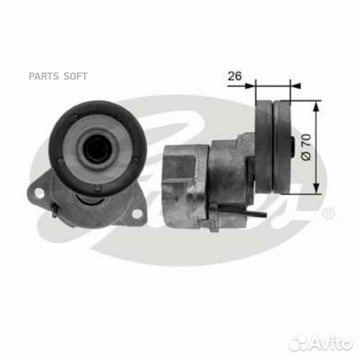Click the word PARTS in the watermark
click(43, 76)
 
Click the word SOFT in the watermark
click(75, 76)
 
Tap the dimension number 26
click(235, 76)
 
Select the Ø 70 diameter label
click(306, 147)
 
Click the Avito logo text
click(331, 343)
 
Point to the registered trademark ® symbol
click(329, 213)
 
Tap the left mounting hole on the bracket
click(39, 193)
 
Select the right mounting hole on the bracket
click(137, 214)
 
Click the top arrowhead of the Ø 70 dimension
click(317, 107)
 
